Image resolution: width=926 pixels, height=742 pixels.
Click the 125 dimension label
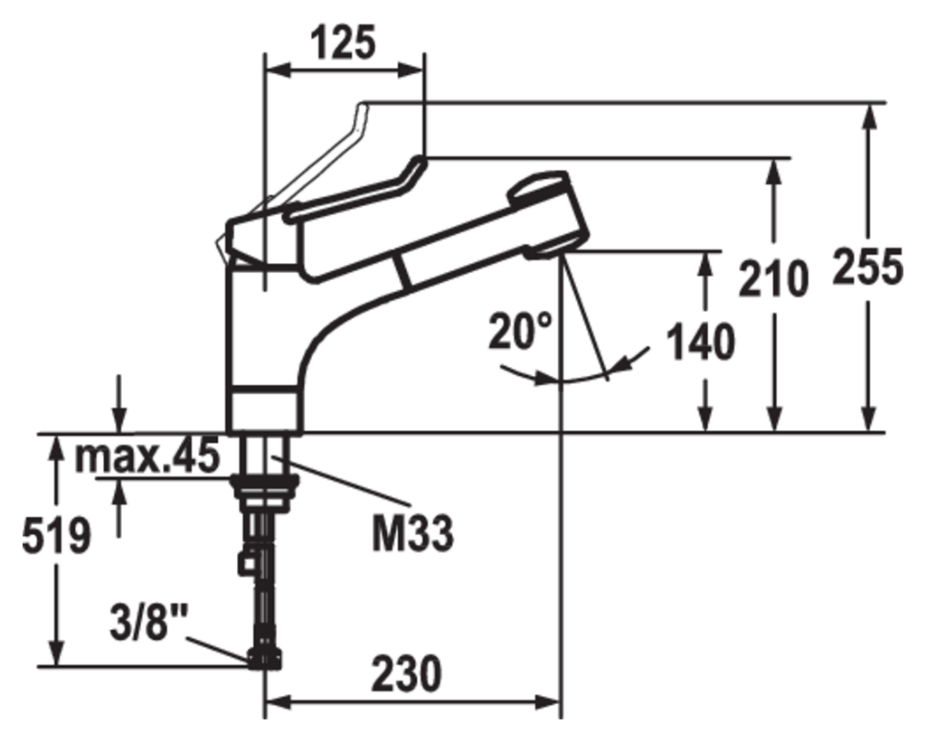(x=343, y=42)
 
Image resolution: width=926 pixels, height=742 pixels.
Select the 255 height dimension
(x=867, y=267)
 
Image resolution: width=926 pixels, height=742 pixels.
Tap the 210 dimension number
(x=773, y=278)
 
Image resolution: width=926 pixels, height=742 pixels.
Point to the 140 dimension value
(x=701, y=342)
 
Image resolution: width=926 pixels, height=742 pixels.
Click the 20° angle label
(x=520, y=331)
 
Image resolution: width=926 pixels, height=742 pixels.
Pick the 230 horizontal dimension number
(x=406, y=673)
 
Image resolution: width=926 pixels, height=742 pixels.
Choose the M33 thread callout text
(x=412, y=533)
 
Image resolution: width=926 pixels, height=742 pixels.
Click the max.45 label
(x=147, y=456)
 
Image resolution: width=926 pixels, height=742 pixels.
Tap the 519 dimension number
(x=57, y=537)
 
